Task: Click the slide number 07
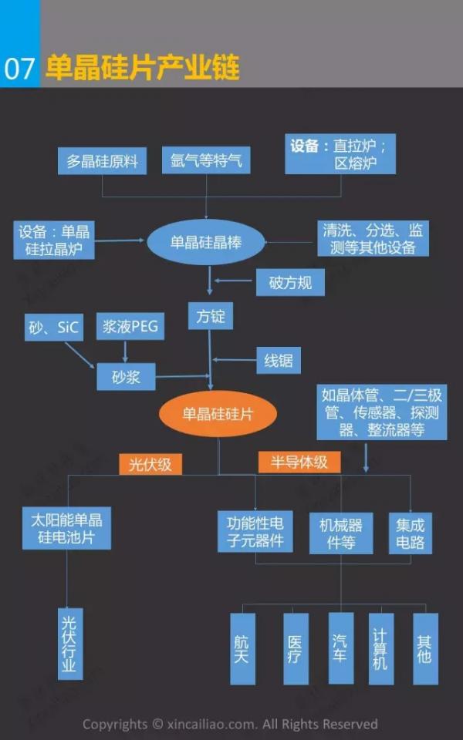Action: (19, 68)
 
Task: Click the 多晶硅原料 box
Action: (102, 161)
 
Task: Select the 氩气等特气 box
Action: (206, 160)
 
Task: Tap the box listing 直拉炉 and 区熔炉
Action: (340, 154)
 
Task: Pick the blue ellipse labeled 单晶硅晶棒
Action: (206, 242)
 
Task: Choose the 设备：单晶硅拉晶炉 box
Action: (54, 240)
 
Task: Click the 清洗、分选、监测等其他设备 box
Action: (373, 238)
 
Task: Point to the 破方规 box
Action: (290, 282)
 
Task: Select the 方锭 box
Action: (211, 316)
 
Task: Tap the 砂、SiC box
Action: (54, 327)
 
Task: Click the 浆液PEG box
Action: (130, 326)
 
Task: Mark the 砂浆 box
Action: (126, 377)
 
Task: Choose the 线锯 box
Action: (279, 361)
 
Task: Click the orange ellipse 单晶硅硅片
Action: (218, 413)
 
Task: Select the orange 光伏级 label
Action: (150, 464)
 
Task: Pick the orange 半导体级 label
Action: (299, 462)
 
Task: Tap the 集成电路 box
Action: (411, 533)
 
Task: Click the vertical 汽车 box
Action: (341, 648)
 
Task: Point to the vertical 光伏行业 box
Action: (70, 644)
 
